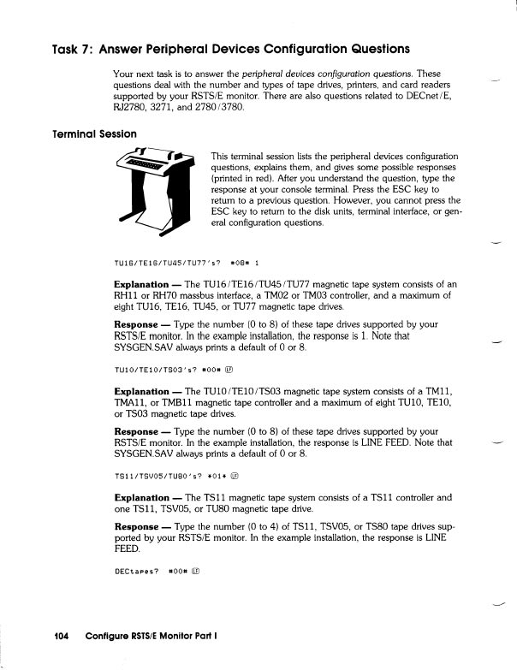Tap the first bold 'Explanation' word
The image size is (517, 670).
point(141,284)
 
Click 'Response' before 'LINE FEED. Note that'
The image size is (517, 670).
point(139,425)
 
